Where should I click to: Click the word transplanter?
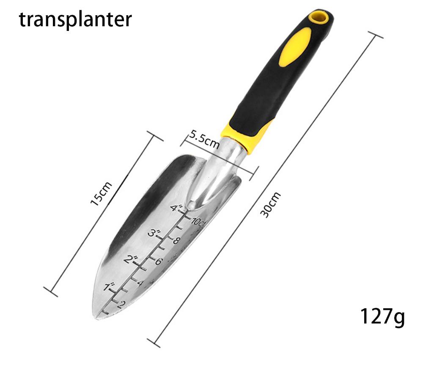75,20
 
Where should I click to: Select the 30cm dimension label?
270,205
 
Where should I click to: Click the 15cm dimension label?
101,194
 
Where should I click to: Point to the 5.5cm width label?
204,139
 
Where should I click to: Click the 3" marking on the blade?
154,233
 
